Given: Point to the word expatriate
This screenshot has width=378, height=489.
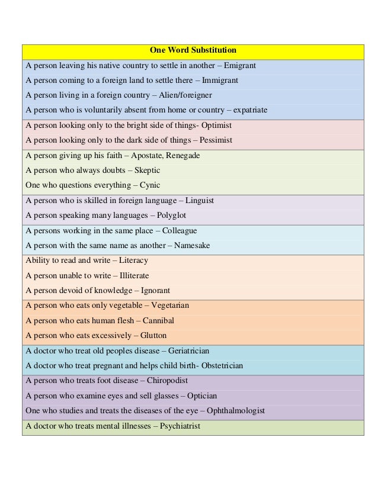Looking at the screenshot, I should tap(250, 110).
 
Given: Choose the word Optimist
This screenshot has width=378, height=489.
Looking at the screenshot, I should tap(216, 126).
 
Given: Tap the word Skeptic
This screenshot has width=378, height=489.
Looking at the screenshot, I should tap(148, 170).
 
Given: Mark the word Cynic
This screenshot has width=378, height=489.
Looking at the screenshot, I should tap(150, 185).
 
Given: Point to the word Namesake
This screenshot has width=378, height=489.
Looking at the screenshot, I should tap(191, 246).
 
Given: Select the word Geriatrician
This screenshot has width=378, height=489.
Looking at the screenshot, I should tap(188, 351).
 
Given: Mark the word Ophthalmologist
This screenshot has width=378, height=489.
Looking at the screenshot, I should tap(230, 411).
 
